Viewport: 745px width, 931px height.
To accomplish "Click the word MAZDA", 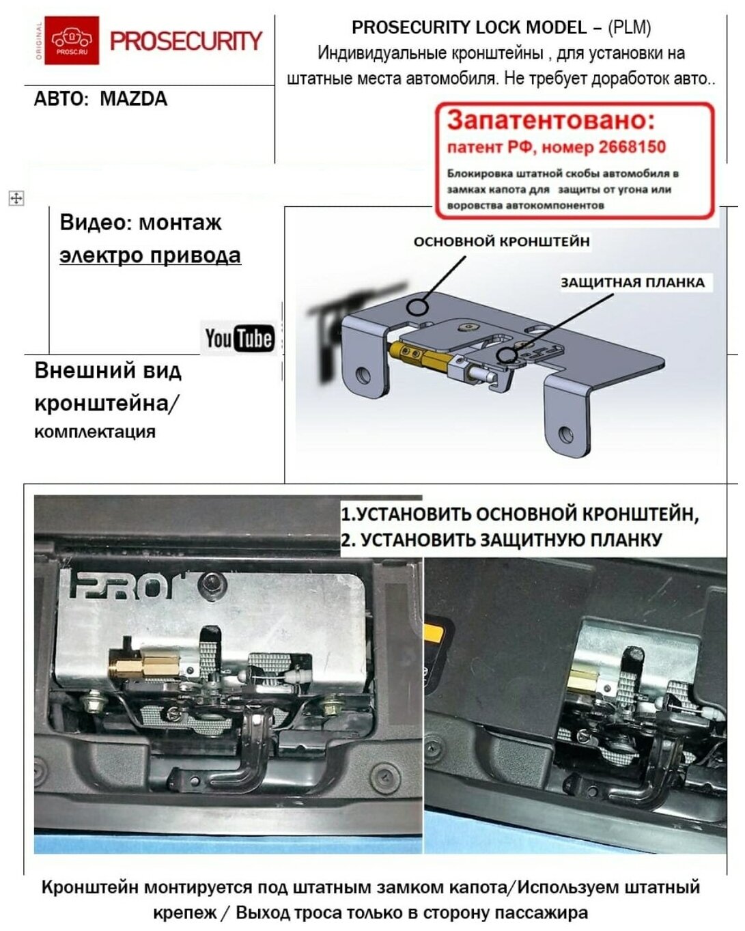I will (x=133, y=99).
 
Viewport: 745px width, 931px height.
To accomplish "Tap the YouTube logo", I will (x=239, y=338).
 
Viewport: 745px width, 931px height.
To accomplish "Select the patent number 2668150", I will (x=632, y=147).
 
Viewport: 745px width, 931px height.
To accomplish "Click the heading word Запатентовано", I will (x=550, y=120).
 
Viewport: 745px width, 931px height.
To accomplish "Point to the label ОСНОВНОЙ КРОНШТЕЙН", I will (x=501, y=241).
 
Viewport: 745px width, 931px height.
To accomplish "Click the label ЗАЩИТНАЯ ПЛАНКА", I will (x=632, y=283).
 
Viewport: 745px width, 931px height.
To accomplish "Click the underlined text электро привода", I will (x=150, y=255).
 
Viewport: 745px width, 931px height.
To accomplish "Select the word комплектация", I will (x=95, y=432).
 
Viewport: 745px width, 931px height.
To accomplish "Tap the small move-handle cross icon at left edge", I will (x=16, y=199).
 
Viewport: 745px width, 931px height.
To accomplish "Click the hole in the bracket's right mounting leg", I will (x=565, y=434).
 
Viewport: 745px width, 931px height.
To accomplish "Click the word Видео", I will (x=95, y=223).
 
